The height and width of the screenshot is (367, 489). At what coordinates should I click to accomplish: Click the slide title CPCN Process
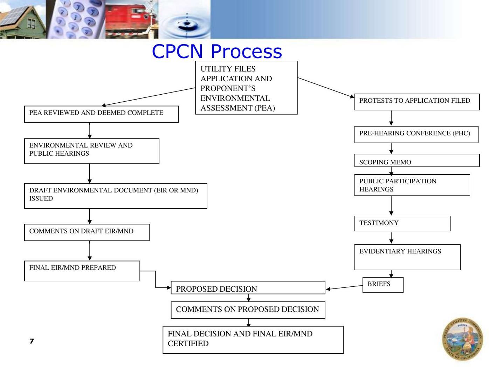click(x=217, y=51)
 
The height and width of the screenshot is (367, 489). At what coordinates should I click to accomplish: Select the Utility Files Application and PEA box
click(x=246, y=88)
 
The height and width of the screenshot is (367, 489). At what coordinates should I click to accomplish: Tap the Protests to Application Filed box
click(x=416, y=102)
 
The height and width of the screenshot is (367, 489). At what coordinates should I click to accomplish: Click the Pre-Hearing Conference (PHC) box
click(x=416, y=134)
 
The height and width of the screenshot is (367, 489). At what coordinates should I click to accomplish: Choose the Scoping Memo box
click(x=416, y=161)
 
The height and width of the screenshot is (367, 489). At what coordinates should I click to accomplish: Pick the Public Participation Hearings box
click(x=412, y=185)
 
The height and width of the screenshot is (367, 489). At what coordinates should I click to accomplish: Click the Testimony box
click(x=402, y=224)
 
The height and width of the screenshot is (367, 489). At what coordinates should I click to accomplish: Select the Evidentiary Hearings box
click(x=407, y=257)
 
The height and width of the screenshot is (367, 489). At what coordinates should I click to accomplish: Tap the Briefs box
click(x=383, y=284)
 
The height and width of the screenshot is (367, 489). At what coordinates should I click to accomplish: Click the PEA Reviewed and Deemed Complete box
click(x=101, y=114)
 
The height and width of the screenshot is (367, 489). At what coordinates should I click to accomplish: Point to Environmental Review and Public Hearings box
click(x=91, y=151)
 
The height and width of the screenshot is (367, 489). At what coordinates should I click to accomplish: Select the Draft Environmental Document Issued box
click(x=116, y=196)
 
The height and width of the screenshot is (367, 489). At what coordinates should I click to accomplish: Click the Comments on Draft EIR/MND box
click(x=87, y=232)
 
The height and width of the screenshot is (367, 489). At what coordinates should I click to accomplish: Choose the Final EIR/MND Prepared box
click(x=82, y=271)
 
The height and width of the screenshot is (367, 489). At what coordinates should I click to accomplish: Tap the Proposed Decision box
click(x=248, y=288)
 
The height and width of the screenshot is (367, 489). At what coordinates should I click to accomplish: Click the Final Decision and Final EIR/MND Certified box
click(x=253, y=340)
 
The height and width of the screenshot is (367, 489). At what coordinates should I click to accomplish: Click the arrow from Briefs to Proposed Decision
click(x=344, y=287)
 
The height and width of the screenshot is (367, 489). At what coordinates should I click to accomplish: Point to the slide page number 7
click(x=32, y=341)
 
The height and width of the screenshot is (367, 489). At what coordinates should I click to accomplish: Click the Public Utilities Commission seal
click(x=462, y=339)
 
